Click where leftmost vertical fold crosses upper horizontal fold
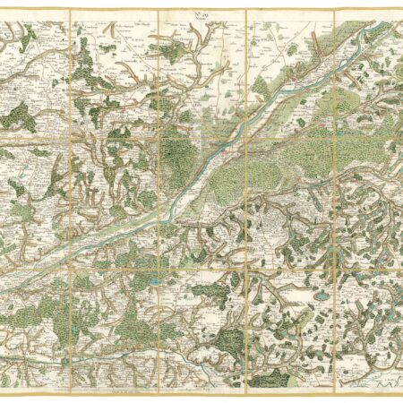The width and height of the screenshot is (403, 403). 70,136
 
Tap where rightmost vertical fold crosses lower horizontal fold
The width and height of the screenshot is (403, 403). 333,265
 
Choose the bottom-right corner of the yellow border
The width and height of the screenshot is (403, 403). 399,392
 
